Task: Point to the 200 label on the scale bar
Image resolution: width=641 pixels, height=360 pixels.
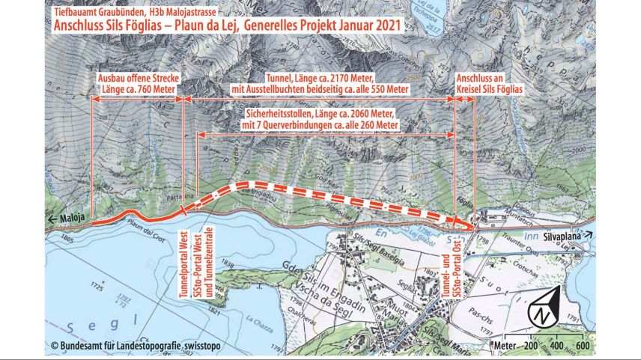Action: [x=531, y=346]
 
